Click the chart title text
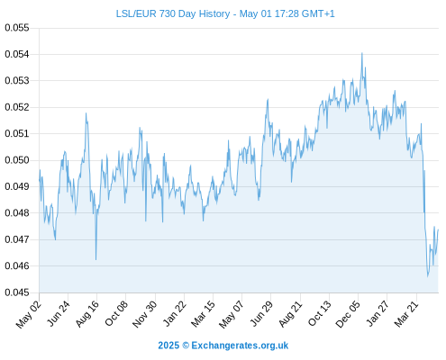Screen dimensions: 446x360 (225, 13)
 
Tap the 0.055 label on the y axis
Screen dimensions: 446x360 (17, 28)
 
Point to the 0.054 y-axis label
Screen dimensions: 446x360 (17, 54)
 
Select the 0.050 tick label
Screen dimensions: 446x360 (17, 160)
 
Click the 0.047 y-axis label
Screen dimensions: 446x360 (17, 239)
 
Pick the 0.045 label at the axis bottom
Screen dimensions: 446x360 (17, 292)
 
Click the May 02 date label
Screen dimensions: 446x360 (29, 314)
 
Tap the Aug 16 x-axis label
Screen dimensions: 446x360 (87, 314)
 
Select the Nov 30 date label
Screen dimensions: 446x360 (145, 314)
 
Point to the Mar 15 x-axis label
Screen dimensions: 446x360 (204, 314)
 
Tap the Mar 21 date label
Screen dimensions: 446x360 (406, 314)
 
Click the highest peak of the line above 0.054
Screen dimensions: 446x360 (362, 53)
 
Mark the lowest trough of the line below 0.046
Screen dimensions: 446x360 (428, 276)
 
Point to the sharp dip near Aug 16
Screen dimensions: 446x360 (96, 259)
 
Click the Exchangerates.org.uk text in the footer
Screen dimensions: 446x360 (240, 346)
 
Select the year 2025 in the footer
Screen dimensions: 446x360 (168, 346)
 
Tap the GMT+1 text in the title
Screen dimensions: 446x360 (318, 13)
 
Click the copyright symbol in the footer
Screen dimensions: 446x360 (186, 346)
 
